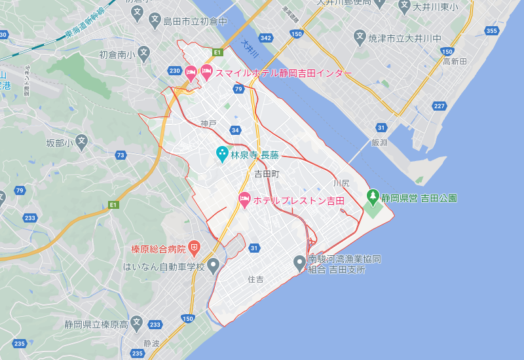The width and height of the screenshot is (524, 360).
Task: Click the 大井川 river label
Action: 250,51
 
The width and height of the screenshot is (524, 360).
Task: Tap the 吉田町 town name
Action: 267,174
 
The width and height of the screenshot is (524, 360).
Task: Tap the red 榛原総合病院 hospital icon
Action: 194,248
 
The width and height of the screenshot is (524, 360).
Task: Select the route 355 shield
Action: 492,31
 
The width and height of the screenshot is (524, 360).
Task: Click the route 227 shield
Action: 439,106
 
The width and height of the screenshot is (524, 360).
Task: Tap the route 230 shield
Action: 174,71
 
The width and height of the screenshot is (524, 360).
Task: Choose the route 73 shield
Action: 120,155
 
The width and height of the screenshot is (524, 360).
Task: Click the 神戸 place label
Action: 208,123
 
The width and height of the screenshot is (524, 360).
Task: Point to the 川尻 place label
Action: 341,183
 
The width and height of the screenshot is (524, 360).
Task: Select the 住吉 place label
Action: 255,279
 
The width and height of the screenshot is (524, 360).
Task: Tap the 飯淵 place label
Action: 379,142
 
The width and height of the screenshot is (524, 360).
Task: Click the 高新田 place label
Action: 454,61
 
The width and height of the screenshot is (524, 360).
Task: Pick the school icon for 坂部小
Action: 81,140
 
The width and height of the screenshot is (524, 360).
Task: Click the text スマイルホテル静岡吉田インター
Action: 284,73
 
